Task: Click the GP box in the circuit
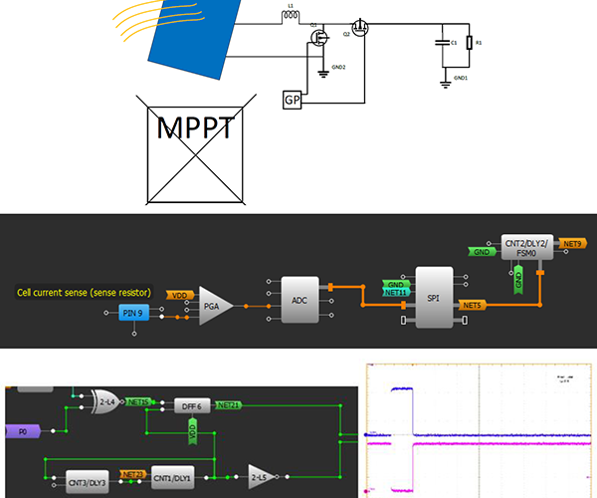click(293, 101)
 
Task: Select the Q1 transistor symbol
click(320, 39)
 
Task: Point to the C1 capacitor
click(441, 43)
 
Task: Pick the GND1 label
click(460, 77)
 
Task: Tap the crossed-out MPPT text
click(196, 127)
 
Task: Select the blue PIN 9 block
click(131, 314)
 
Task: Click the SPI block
click(433, 296)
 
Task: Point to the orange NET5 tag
click(471, 304)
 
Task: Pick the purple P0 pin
click(21, 431)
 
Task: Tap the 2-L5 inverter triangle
click(260, 476)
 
